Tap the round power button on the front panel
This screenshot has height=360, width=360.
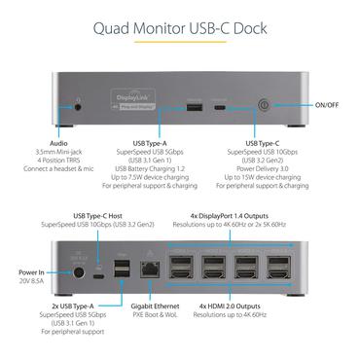click(262, 103)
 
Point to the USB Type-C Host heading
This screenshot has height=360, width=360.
click(112, 216)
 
